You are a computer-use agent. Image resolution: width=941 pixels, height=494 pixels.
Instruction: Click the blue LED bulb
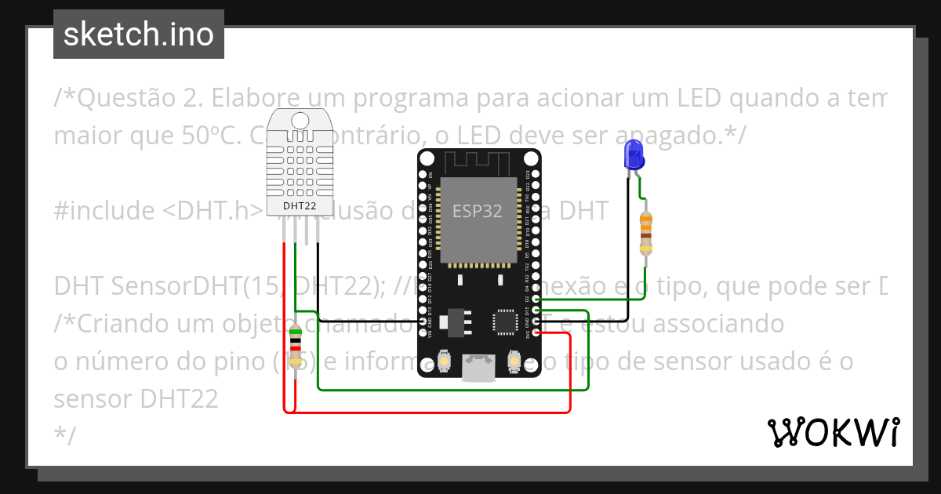coord(633,154)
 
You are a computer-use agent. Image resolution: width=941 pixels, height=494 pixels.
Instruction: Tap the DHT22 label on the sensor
coord(300,206)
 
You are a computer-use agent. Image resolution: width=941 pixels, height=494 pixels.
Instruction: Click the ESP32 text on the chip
coord(477,211)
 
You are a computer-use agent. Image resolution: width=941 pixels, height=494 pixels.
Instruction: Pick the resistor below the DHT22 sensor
coord(295,347)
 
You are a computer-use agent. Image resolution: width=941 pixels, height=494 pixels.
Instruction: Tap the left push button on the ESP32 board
coord(445,360)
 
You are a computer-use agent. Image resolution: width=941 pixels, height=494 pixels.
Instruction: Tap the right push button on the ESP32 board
coord(514,360)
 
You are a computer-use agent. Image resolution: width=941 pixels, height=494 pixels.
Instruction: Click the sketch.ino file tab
coord(138,35)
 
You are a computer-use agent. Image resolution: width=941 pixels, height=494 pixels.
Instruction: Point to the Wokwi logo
coord(833,432)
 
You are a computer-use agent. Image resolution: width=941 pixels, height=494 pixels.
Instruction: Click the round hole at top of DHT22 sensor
coord(300,120)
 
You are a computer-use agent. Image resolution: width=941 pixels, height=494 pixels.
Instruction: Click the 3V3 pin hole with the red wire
coord(536,332)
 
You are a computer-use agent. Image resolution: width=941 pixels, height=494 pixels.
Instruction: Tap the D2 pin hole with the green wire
coord(536,299)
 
